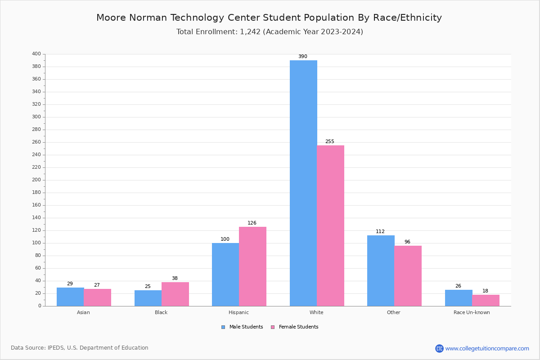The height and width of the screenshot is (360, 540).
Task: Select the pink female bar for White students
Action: (x=330, y=225)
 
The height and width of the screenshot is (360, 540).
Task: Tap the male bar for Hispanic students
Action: (x=225, y=274)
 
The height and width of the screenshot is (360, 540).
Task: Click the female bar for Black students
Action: (x=175, y=294)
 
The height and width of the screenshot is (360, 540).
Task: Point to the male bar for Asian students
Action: (x=70, y=297)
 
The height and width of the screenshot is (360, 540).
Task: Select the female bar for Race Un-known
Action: (x=486, y=300)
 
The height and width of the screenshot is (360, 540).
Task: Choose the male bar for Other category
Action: (x=381, y=270)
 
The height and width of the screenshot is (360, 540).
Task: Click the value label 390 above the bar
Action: (x=303, y=57)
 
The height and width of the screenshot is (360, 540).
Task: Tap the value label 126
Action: (x=252, y=223)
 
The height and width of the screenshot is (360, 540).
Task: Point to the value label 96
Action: (x=407, y=242)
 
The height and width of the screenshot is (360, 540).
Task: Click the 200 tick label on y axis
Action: (x=36, y=180)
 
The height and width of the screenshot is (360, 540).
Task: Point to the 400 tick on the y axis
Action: (x=36, y=54)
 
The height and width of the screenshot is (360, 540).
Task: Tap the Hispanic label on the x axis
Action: (x=238, y=312)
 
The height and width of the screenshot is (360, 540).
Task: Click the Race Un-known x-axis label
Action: (x=472, y=312)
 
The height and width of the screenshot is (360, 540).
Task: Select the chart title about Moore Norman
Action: (x=269, y=18)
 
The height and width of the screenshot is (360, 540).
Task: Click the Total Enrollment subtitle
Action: (x=270, y=32)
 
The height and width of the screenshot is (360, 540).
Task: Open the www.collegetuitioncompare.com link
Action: (x=487, y=348)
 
